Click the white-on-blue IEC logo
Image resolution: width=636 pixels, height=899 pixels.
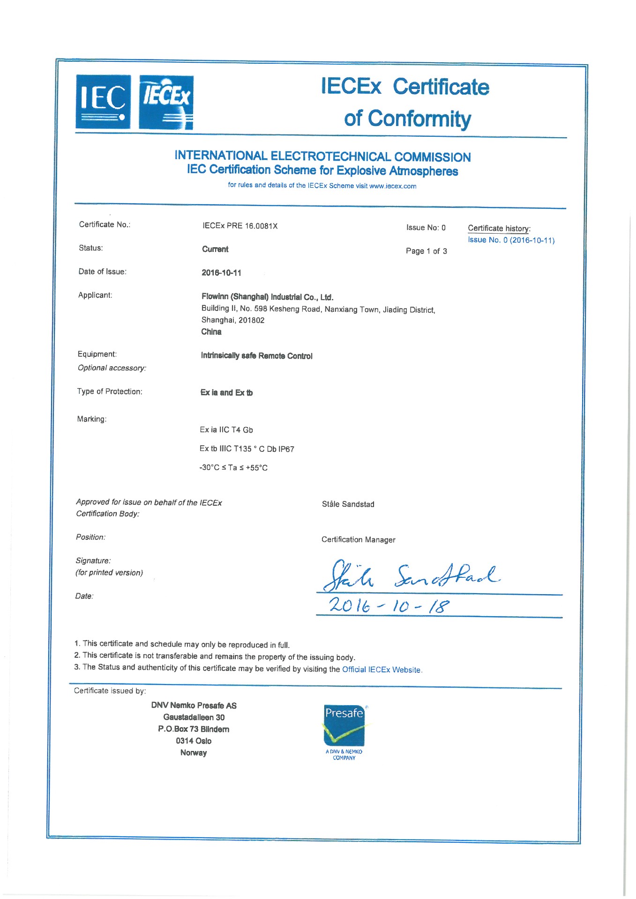coord(103,102)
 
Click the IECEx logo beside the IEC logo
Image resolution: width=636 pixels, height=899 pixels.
coord(166,102)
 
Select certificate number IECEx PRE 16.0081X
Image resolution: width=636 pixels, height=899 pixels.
coord(240,226)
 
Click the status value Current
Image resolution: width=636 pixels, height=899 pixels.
coord(215,249)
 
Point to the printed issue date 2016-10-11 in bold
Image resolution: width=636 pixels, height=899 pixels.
coord(221,273)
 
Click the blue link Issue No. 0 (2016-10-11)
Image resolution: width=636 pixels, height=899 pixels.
coord(511,240)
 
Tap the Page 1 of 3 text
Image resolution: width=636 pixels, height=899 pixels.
coord(426,251)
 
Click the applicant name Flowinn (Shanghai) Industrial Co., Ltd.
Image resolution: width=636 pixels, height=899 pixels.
coord(267,297)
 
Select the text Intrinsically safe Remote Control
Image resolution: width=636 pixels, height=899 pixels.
coord(256,356)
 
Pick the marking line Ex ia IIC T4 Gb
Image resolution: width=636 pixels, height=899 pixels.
coord(226,430)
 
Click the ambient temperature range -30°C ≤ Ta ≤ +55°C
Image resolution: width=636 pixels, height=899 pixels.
coord(233,468)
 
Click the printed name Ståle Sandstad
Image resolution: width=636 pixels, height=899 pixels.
coord(348,504)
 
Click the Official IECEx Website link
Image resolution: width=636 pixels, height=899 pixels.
coord(382,670)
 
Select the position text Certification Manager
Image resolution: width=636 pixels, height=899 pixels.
coord(358,540)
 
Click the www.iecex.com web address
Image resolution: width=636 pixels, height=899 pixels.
coord(392,186)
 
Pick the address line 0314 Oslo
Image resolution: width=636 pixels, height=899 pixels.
coord(194,741)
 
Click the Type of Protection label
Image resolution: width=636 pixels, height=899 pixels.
coord(110,391)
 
